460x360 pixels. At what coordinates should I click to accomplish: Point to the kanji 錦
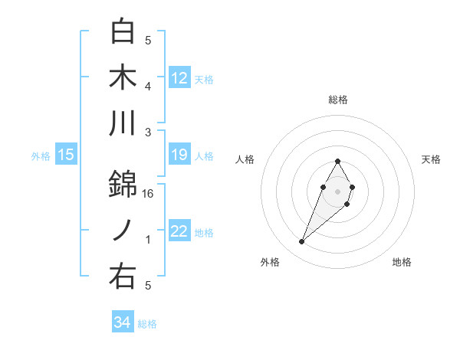click(x=123, y=184)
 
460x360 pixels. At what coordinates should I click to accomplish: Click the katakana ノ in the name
click(x=123, y=231)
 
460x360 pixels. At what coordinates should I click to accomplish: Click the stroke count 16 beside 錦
click(x=149, y=194)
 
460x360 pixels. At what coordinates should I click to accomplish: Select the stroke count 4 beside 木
click(x=149, y=87)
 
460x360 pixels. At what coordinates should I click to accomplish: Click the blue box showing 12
click(x=179, y=78)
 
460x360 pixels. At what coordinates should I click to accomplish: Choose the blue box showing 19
click(x=179, y=155)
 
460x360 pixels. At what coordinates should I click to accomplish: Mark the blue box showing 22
click(x=179, y=232)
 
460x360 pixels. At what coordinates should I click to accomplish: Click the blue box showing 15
click(x=66, y=155)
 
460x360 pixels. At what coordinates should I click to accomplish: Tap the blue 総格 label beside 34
click(x=147, y=324)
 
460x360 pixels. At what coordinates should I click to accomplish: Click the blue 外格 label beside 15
click(x=41, y=156)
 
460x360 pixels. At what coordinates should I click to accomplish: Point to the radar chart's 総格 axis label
click(x=337, y=100)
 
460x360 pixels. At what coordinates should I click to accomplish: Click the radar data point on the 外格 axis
click(x=301, y=242)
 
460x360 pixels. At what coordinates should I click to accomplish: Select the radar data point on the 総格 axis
click(x=337, y=161)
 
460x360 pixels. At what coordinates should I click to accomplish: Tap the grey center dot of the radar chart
click(x=337, y=190)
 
